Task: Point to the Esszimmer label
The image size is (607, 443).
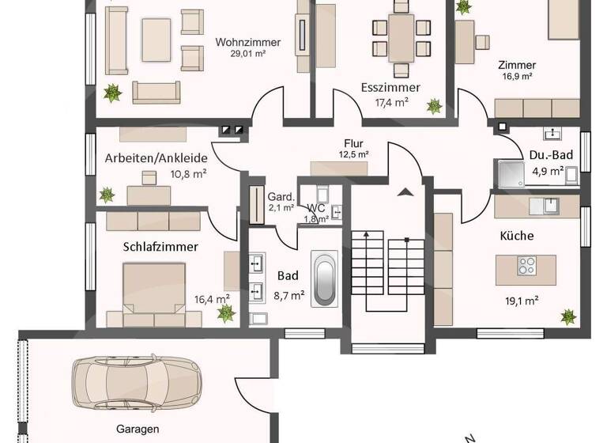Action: (390, 88)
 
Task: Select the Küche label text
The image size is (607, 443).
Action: (516, 236)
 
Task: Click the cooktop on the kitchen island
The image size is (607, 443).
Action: (526, 266)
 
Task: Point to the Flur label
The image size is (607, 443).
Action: (353, 143)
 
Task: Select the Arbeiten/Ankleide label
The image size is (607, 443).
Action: (155, 157)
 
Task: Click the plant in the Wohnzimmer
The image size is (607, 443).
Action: (114, 93)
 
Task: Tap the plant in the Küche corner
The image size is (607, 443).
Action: (567, 316)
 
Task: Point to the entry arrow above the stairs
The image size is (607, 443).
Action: (406, 191)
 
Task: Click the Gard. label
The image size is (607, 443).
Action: (281, 197)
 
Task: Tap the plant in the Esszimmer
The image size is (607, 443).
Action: (433, 105)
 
